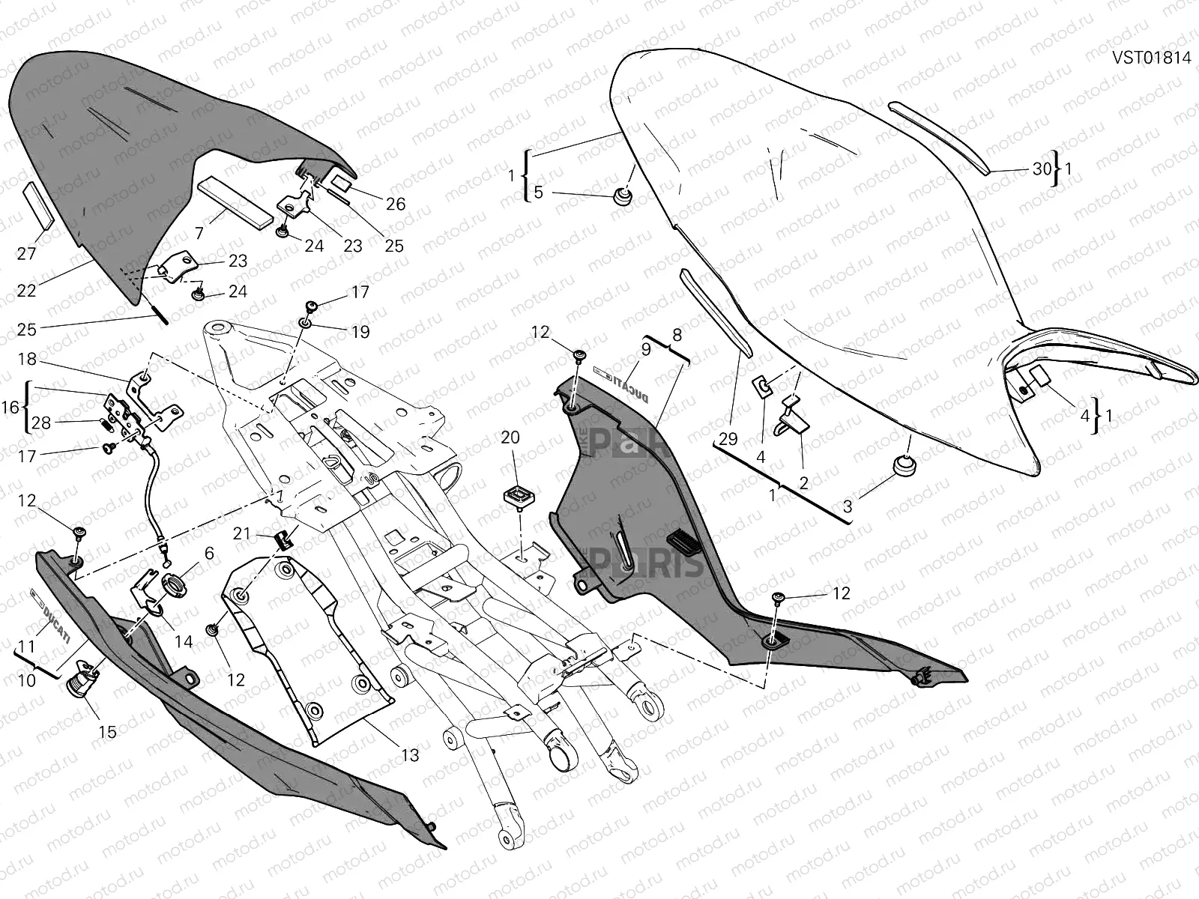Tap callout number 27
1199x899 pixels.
[26, 253]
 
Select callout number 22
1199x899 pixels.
[26, 290]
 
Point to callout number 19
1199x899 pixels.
[360, 331]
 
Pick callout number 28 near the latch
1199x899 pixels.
[41, 423]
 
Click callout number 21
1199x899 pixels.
[241, 533]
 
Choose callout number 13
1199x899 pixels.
[410, 755]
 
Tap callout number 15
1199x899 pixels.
[108, 731]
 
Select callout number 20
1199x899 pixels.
[510, 438]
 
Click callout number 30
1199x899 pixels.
[1042, 169]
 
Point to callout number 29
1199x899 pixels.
[728, 439]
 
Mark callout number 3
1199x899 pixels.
[848, 506]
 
